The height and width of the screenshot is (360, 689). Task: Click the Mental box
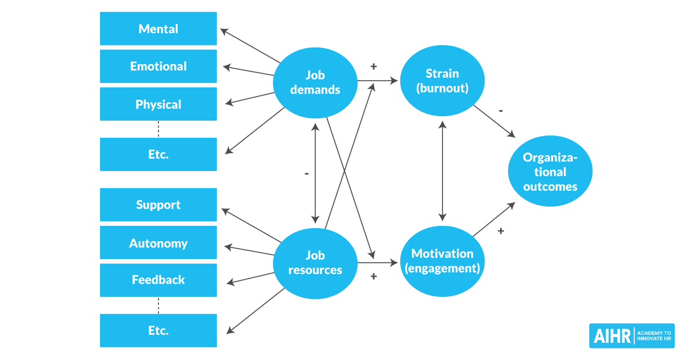point(158,29)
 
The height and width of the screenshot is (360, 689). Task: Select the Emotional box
point(158,67)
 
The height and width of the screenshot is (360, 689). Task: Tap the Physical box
point(158,104)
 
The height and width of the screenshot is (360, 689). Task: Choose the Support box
point(158,205)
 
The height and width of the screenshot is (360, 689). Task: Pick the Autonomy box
point(158,243)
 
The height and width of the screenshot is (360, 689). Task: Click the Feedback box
point(158,280)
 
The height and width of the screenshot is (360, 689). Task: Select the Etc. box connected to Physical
point(158,154)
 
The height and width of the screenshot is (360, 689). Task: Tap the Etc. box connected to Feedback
point(158,331)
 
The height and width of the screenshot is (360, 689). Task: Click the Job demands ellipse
point(315,82)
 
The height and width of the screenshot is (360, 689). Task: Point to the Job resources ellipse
point(315,263)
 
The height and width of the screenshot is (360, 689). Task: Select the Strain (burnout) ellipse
point(442,81)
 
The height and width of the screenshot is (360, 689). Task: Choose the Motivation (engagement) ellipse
point(442,261)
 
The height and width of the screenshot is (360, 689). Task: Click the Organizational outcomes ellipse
point(550,171)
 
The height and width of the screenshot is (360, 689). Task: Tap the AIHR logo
point(632,335)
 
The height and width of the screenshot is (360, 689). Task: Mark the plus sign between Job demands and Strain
point(374,67)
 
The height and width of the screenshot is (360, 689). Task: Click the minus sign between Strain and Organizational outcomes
point(501,111)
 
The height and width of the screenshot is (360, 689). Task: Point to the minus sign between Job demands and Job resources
point(307,173)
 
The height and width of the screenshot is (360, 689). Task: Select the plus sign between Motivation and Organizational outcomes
point(501,231)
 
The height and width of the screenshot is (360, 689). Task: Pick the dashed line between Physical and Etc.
point(158,129)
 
